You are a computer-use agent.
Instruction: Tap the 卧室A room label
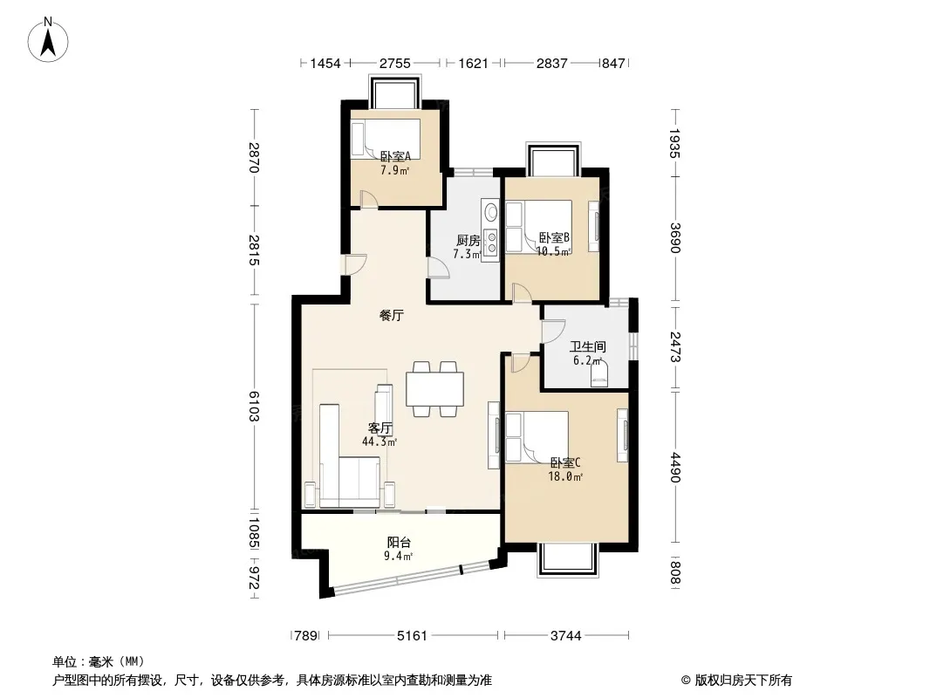395,156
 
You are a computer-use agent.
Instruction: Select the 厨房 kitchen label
468,240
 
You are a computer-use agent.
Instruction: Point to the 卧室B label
554,238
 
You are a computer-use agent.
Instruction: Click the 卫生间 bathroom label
588,347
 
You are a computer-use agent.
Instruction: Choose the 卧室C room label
565,462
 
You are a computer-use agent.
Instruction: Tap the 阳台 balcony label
399,542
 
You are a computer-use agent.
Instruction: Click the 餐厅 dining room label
392,316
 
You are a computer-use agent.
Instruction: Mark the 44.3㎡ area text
380,441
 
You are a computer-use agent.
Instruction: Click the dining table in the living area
434,389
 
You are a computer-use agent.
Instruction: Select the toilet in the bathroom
599,375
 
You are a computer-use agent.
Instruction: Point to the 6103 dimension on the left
254,407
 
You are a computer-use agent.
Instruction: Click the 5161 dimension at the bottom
412,636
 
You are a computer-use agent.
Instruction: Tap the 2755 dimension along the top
395,63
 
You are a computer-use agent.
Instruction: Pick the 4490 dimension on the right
675,468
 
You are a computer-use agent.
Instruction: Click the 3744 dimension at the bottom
566,636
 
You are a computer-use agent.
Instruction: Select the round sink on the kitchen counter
490,211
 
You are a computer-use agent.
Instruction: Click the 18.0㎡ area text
565,476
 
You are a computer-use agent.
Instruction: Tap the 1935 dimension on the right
675,143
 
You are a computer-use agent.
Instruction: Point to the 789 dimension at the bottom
306,636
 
